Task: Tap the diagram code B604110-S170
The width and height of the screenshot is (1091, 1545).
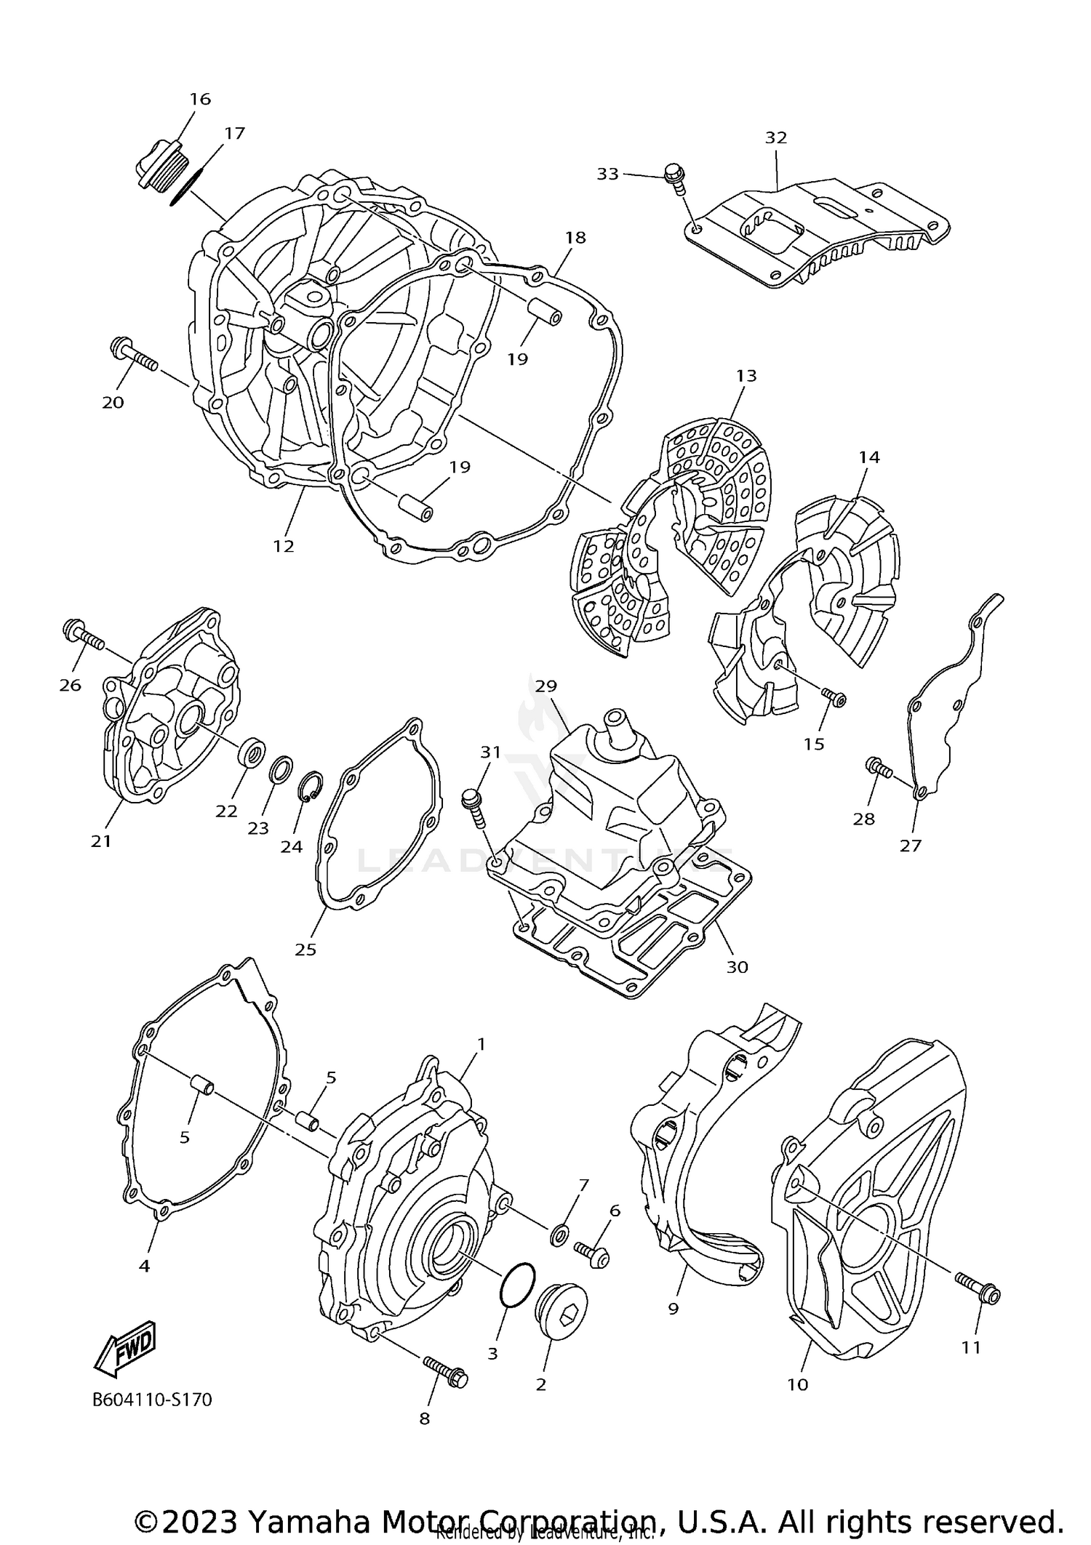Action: [152, 1400]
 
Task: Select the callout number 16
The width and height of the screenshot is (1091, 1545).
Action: [200, 99]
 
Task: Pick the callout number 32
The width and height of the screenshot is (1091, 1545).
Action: [776, 137]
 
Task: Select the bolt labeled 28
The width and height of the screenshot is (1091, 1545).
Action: [879, 768]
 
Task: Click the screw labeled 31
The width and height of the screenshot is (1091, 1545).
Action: [474, 808]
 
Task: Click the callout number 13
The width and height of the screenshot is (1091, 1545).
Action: [746, 375]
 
